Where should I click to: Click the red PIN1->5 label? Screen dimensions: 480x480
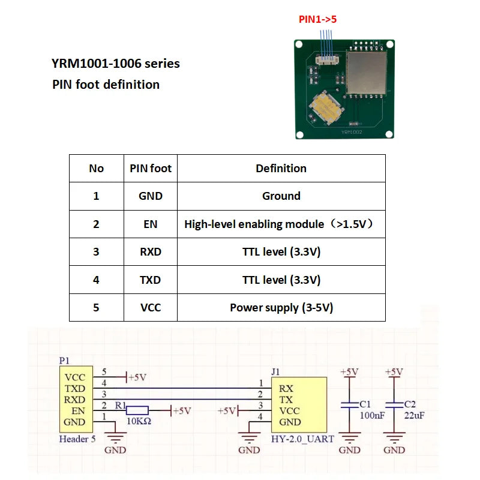[x=318, y=19]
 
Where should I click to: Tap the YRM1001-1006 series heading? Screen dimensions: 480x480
[x=116, y=63]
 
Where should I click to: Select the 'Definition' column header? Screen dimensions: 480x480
[x=281, y=169]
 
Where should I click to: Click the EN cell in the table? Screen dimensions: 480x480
[x=151, y=224]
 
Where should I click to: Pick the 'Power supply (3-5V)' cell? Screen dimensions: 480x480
[x=281, y=308]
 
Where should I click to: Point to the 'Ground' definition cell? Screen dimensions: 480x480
[x=281, y=196]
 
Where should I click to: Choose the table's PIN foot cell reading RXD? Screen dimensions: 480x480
[x=151, y=252]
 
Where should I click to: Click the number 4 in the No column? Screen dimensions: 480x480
[x=96, y=280]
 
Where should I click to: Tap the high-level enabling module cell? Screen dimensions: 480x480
[x=281, y=224]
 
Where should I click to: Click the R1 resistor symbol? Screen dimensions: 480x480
[x=138, y=411]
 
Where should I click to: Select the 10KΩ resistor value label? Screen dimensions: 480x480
[x=139, y=422]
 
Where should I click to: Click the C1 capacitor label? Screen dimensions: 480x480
[x=365, y=404]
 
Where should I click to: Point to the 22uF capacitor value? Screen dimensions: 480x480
[x=415, y=415]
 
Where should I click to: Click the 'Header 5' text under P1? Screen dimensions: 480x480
[x=77, y=439]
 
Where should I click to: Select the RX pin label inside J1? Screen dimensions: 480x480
[x=286, y=388]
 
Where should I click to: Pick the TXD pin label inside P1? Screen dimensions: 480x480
[x=75, y=389]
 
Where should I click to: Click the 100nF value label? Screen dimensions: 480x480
[x=370, y=415]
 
